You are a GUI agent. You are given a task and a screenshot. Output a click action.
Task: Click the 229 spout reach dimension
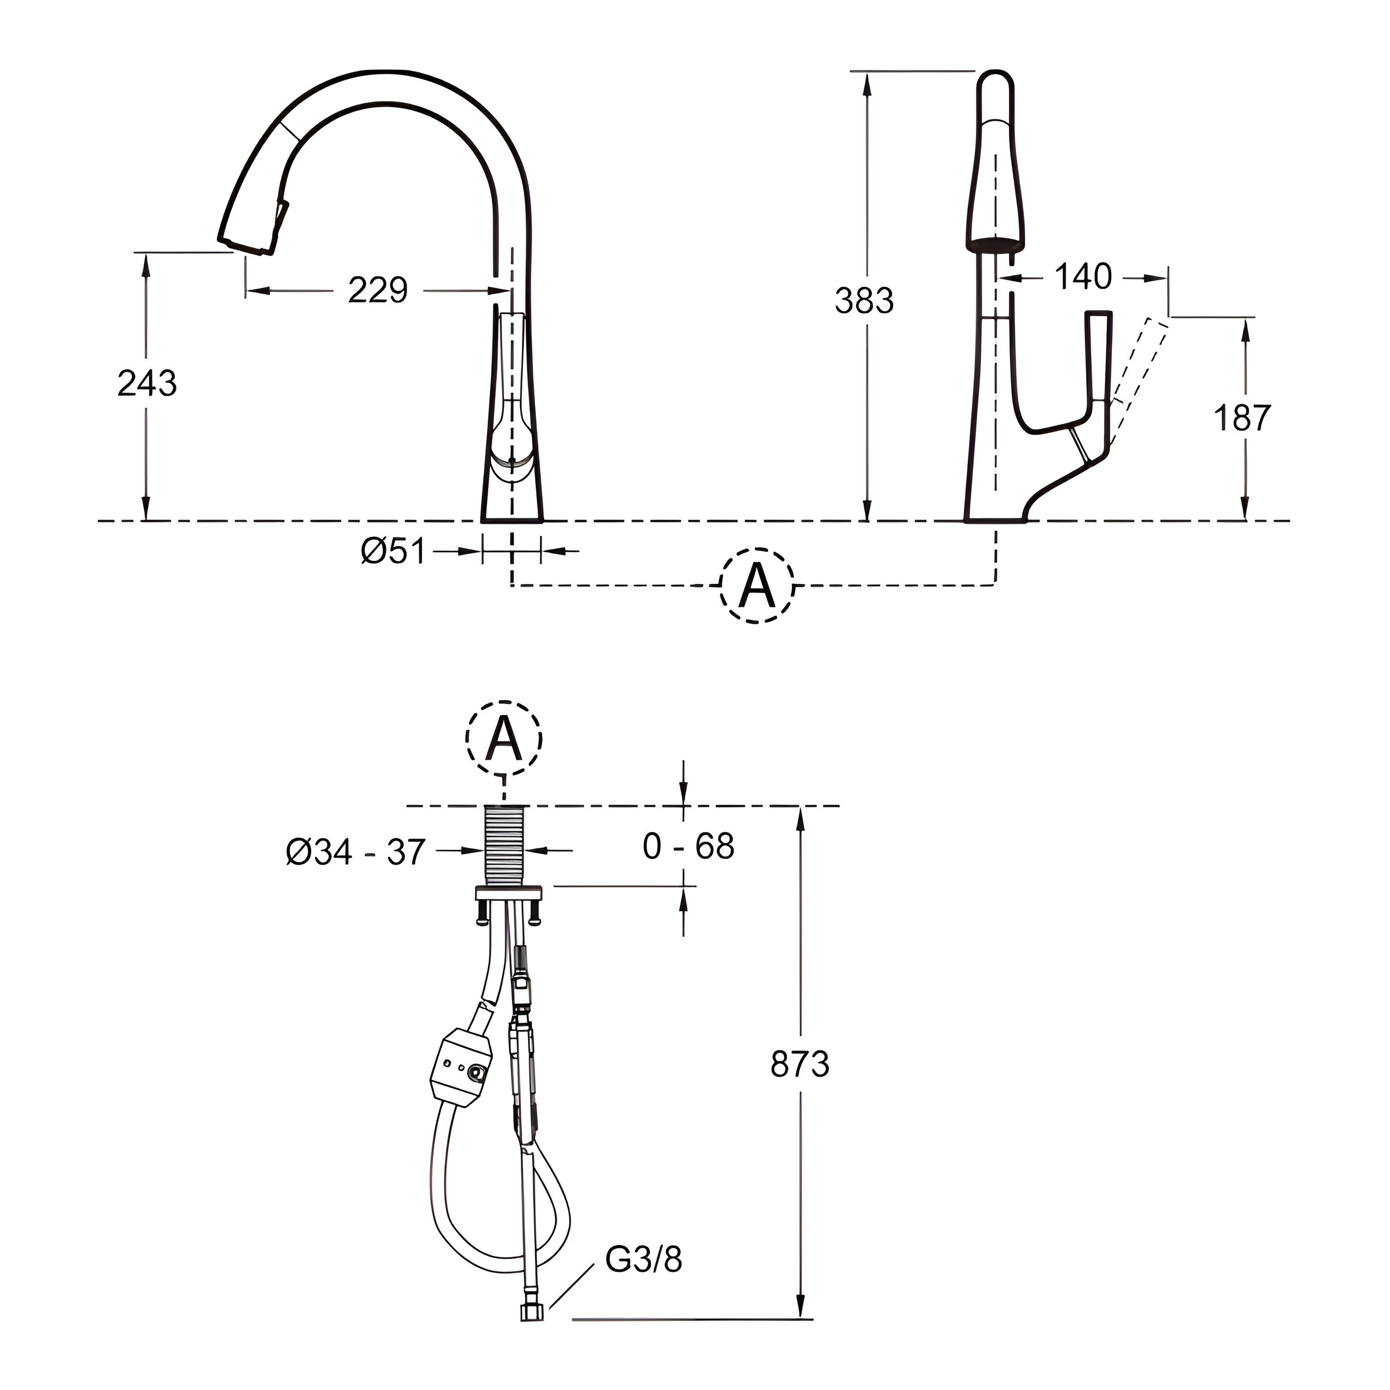coord(378,291)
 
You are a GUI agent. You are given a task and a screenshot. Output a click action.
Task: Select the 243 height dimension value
coord(147,383)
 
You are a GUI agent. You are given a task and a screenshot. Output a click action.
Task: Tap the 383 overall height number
coord(864,301)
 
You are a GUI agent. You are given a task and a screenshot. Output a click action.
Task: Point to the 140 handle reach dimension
coord(1083,277)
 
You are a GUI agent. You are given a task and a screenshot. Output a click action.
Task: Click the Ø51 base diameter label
coord(393,552)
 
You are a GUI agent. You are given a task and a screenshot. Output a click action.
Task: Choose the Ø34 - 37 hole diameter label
coord(356,853)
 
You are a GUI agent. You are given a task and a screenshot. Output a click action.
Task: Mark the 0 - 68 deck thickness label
coord(689,846)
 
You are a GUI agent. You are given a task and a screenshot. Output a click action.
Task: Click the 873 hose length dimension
coord(800,1064)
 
